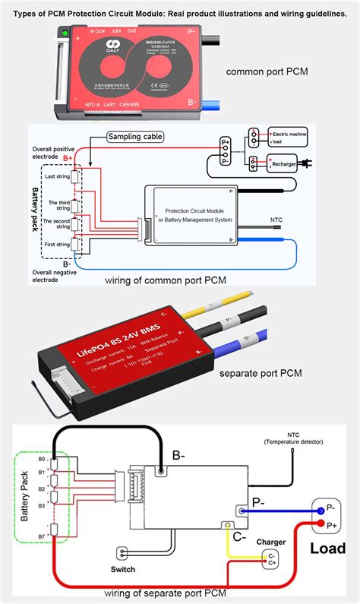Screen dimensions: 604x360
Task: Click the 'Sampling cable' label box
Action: tap(135, 137)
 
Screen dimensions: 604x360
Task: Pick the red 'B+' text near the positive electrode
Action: tap(68, 157)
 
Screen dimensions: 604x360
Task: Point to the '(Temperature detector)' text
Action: tap(293, 441)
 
